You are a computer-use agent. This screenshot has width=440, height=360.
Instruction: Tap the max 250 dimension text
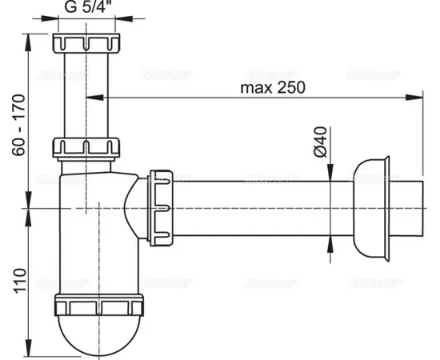273,87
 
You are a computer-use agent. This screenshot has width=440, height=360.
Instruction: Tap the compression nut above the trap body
85,148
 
